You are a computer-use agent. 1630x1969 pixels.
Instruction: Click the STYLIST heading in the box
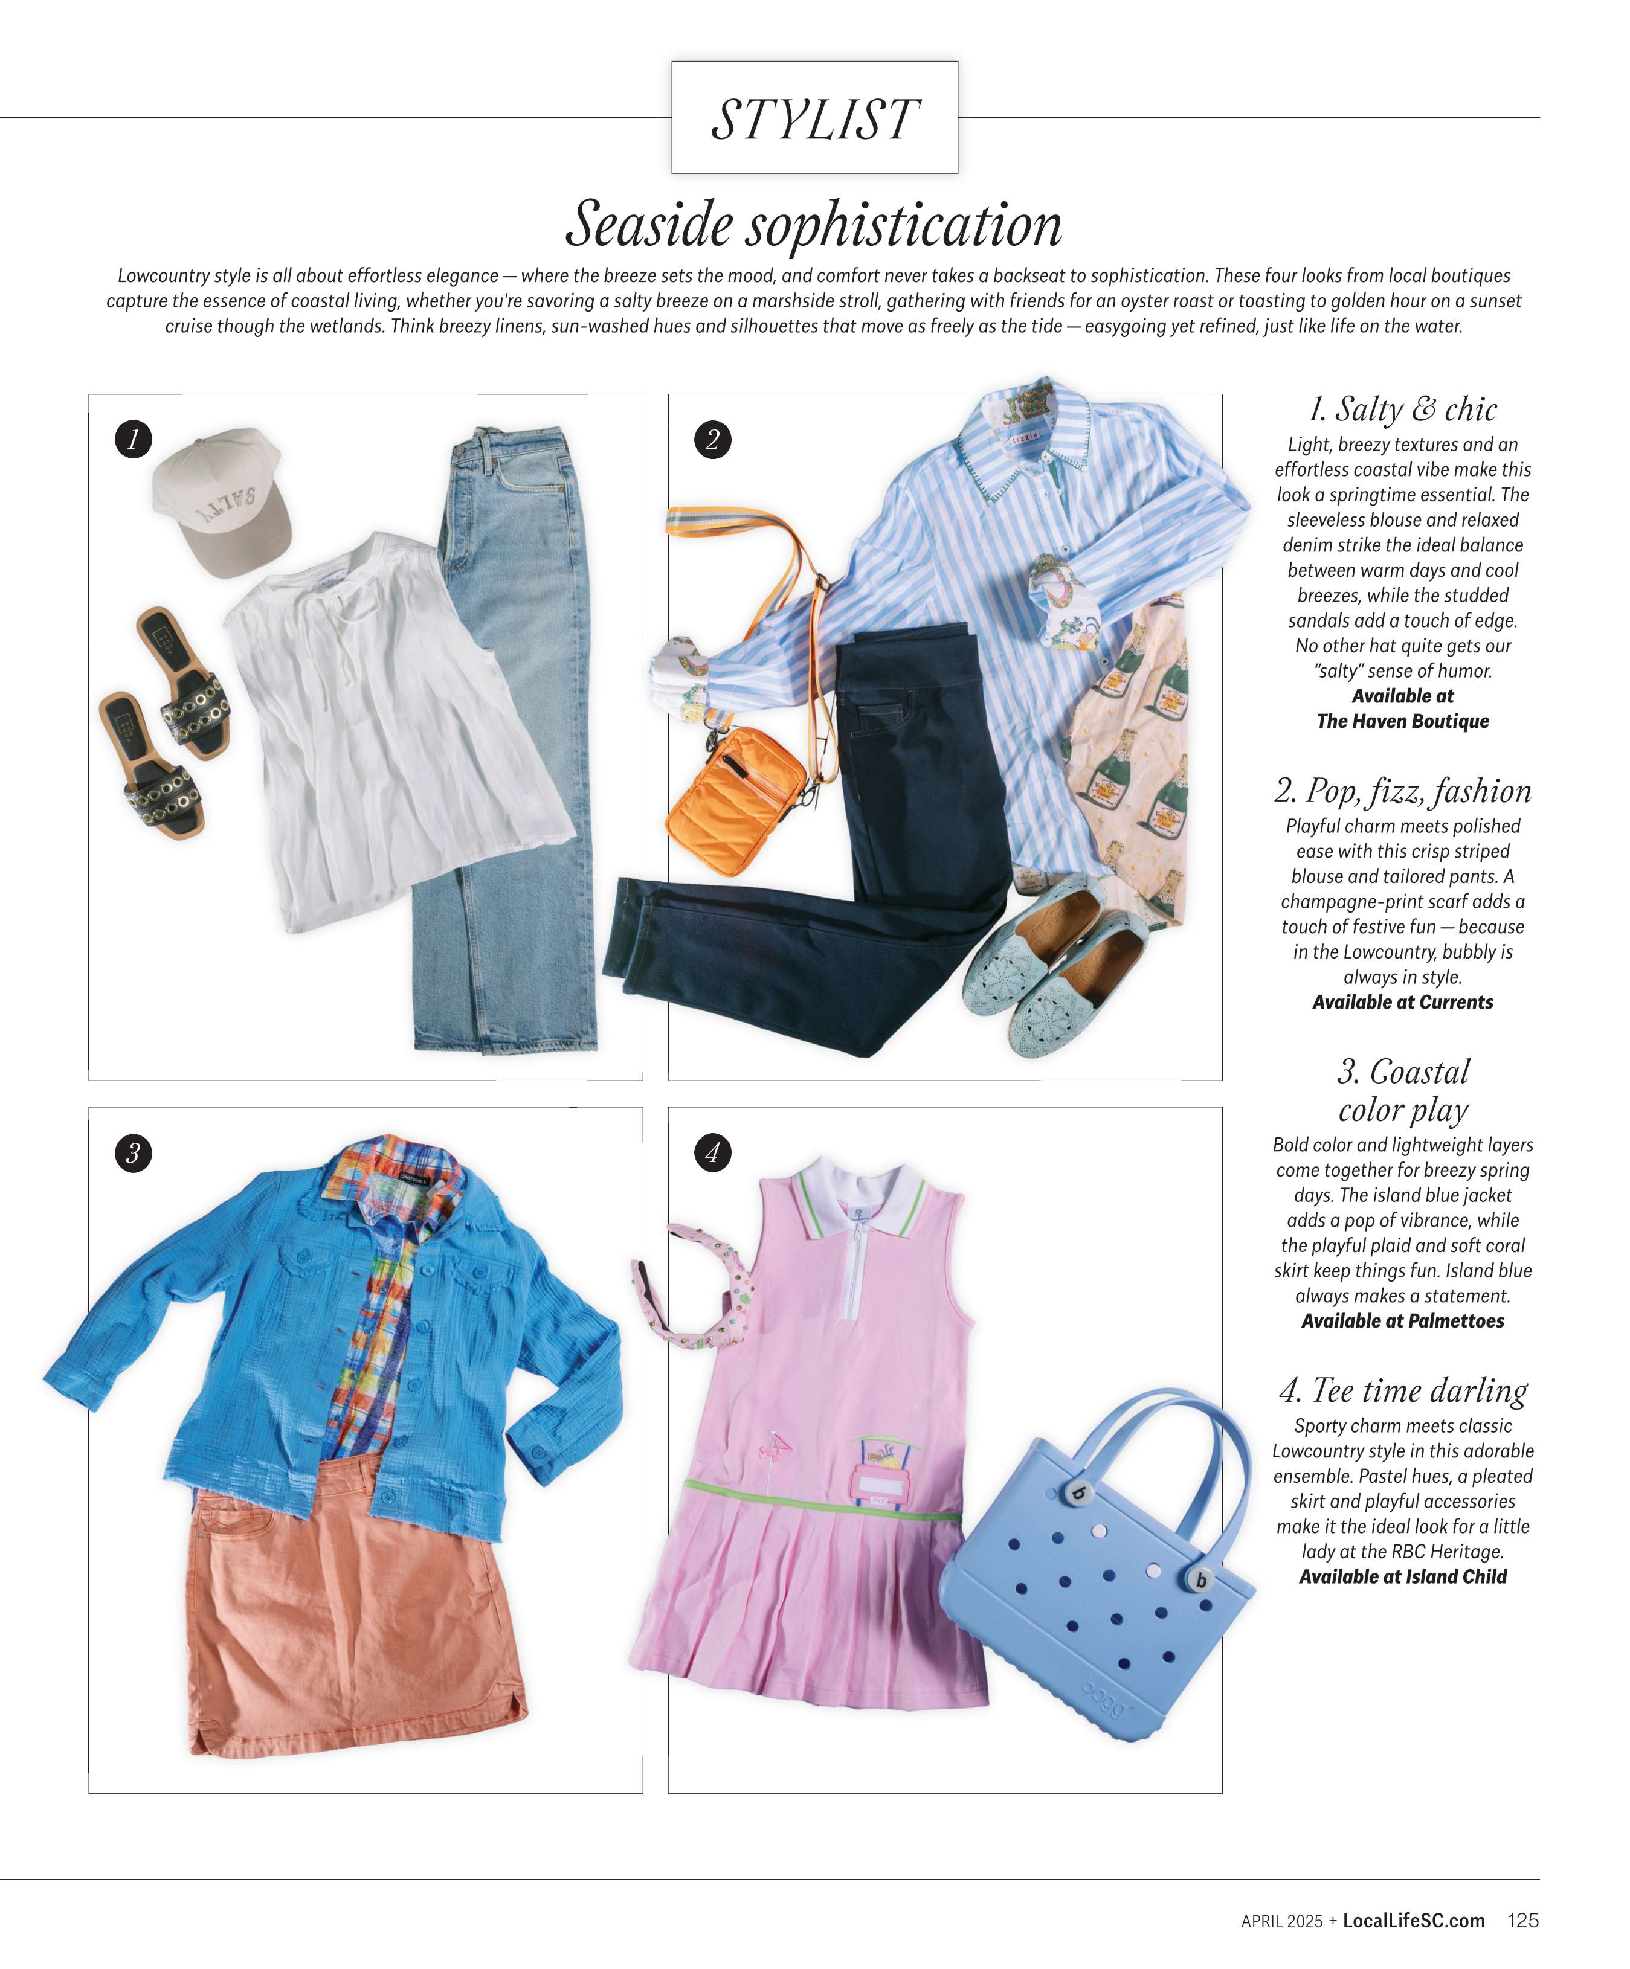(814, 119)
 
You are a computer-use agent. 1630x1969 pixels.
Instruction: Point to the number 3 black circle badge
(133, 1152)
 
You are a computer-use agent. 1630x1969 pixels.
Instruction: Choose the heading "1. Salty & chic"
(1402, 410)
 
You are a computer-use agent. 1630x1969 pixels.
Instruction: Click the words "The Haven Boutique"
(1402, 721)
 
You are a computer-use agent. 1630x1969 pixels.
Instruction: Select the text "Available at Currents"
(1402, 1002)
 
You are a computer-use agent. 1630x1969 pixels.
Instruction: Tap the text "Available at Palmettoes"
(1402, 1321)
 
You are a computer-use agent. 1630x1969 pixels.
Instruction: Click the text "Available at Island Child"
(1402, 1577)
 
